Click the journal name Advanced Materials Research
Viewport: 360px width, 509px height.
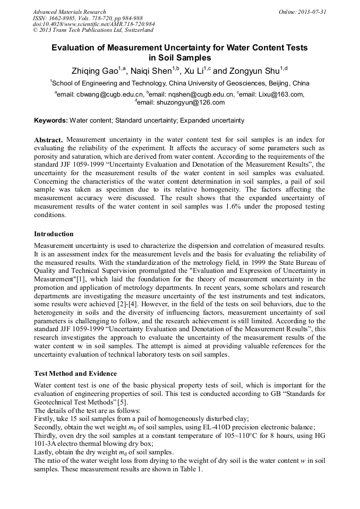(x=69, y=12)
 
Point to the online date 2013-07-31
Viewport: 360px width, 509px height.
(x=312, y=12)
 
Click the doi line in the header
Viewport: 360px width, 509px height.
(x=94, y=24)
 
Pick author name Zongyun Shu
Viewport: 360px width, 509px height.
(x=256, y=71)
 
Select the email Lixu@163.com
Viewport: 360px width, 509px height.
(x=271, y=94)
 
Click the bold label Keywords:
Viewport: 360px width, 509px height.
(x=51, y=120)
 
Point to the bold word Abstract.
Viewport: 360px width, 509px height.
(x=48, y=140)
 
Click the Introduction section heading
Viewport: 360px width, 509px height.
(x=54, y=234)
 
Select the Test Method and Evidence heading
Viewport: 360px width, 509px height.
(x=75, y=374)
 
